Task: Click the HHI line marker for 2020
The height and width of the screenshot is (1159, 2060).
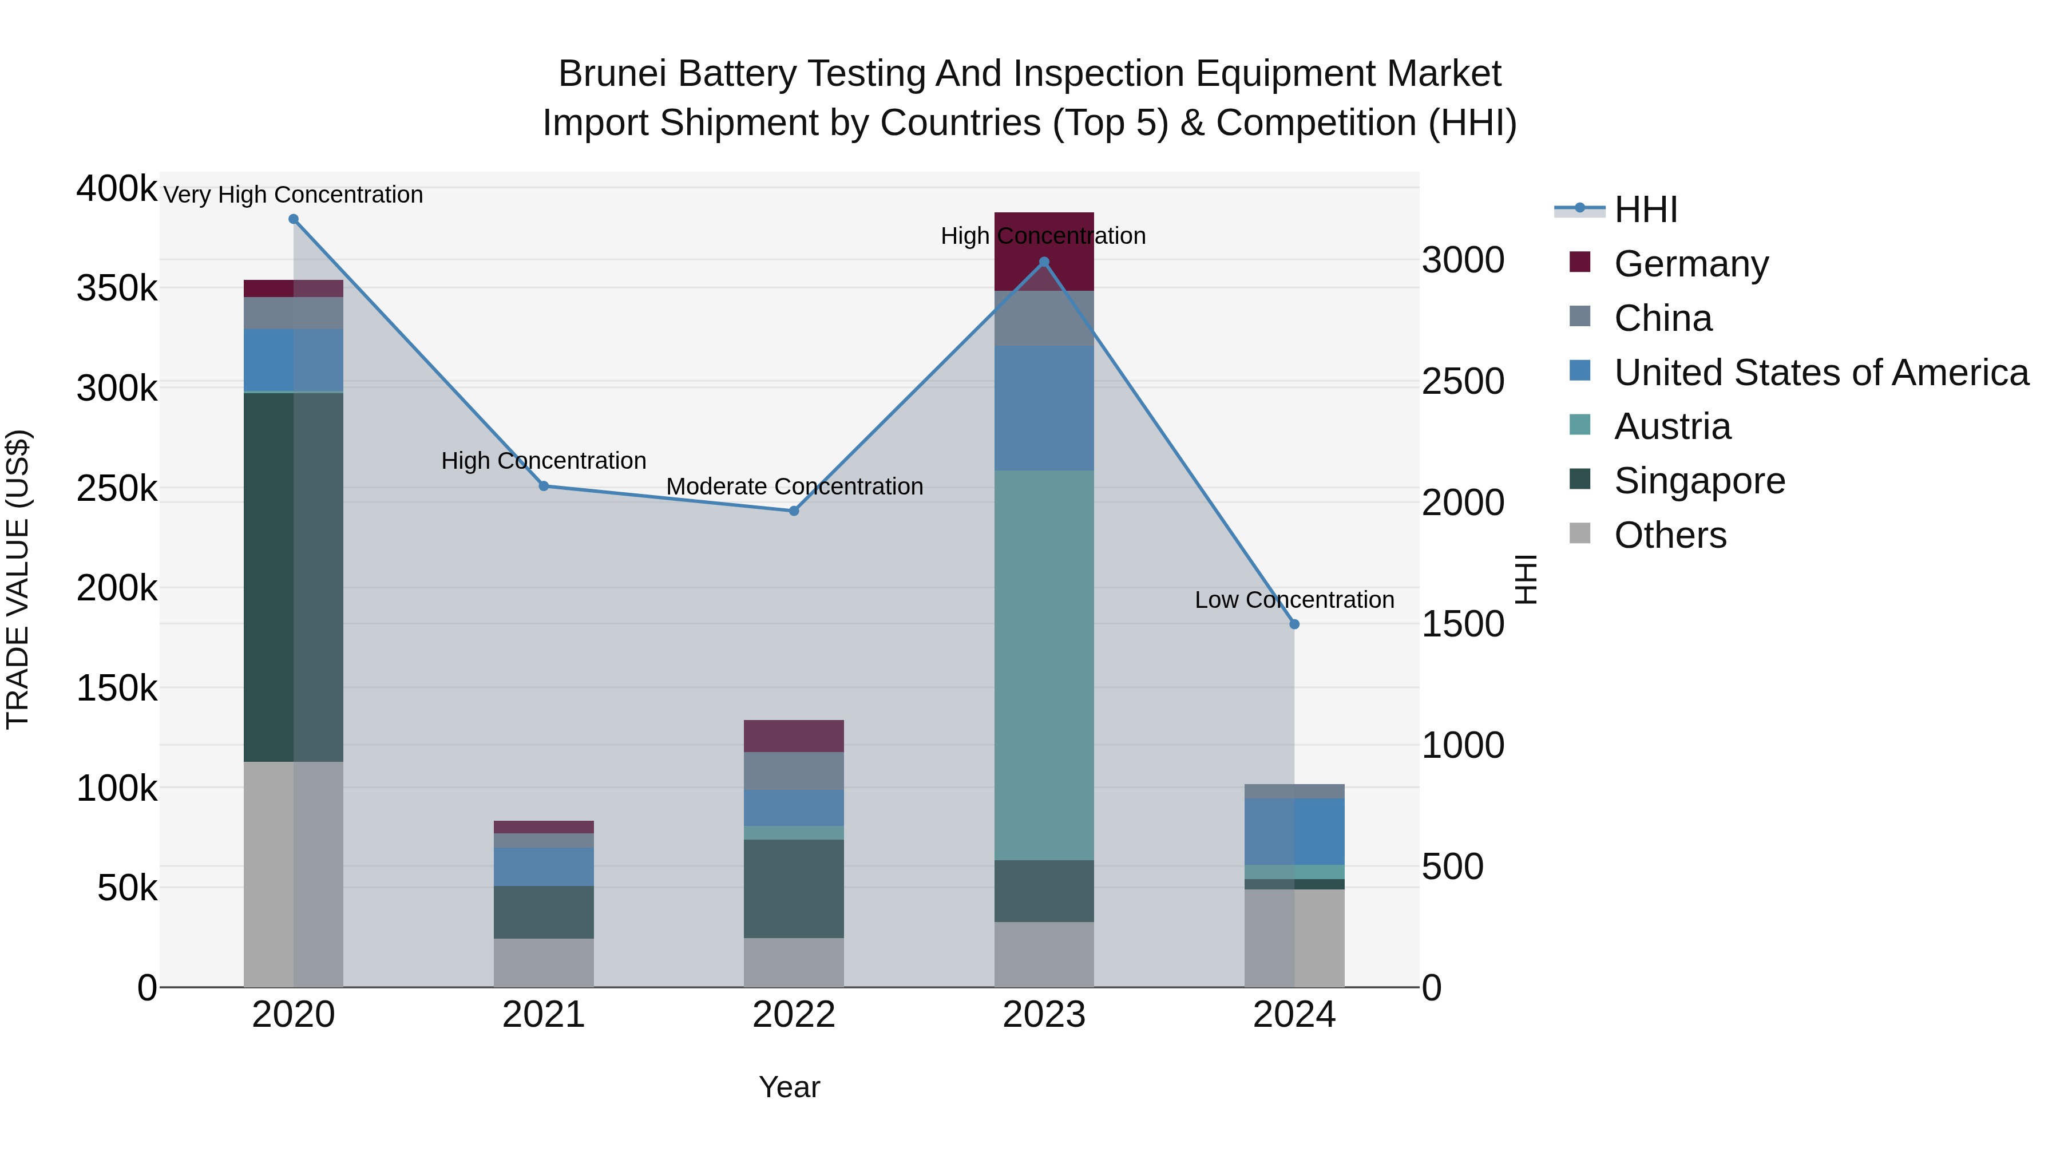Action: click(294, 219)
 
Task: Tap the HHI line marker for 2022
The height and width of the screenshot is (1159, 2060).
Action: click(794, 511)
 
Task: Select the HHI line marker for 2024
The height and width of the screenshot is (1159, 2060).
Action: click(1295, 624)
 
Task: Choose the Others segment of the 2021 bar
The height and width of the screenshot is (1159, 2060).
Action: click(544, 963)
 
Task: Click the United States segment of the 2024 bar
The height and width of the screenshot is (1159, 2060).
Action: click(1295, 832)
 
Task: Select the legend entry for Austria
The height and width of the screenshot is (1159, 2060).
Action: click(1671, 426)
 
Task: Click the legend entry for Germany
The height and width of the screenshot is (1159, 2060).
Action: click(1690, 264)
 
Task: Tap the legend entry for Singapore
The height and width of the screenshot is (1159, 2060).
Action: click(1698, 481)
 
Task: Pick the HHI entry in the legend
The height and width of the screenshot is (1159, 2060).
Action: click(1645, 209)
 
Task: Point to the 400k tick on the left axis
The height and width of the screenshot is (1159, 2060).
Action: click(117, 189)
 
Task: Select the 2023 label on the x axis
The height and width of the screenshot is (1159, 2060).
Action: click(1044, 1015)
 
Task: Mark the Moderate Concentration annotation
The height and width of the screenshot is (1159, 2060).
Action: click(794, 486)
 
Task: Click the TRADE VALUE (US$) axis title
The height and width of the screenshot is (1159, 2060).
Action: click(18, 579)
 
